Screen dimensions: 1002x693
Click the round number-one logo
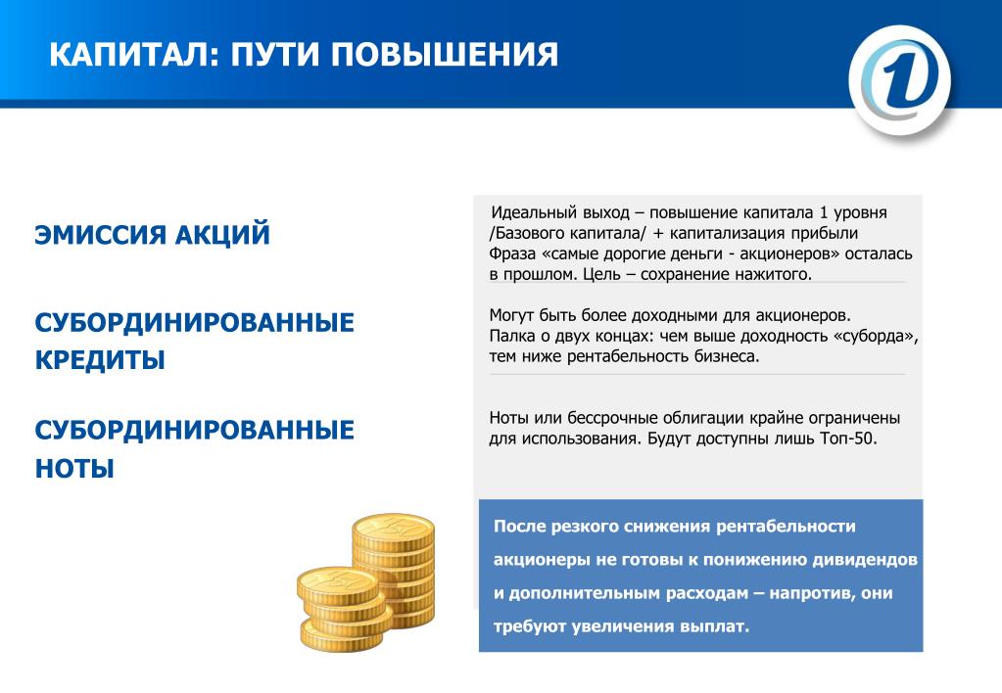[900, 80]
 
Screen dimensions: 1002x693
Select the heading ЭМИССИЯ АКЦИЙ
[152, 234]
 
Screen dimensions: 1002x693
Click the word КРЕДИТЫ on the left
[100, 359]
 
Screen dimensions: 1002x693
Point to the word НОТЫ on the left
[74, 468]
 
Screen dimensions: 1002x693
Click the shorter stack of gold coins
[344, 609]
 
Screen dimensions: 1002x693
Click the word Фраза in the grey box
[512, 254]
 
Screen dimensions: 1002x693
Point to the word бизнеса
[727, 356]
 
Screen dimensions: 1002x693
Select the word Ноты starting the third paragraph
[509, 418]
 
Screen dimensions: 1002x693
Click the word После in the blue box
[519, 527]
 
